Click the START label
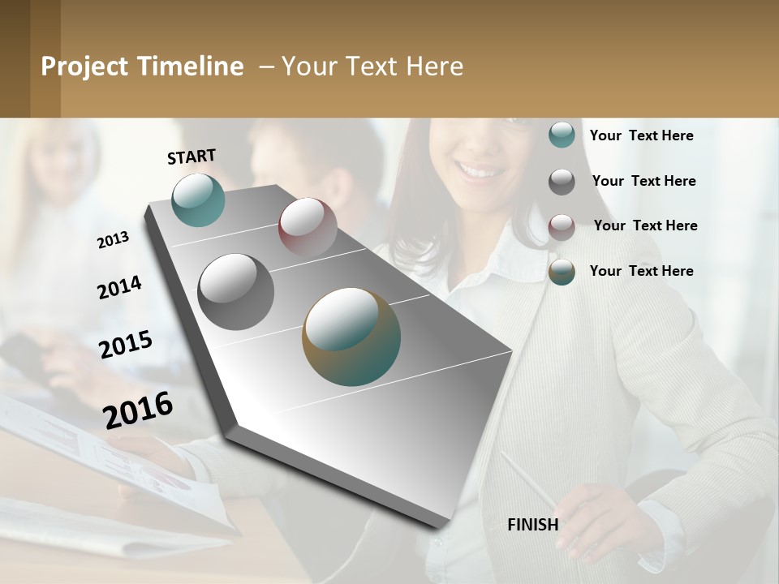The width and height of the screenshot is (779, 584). coord(192,157)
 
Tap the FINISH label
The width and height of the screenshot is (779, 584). coord(532,525)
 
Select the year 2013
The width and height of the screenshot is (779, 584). coord(114,240)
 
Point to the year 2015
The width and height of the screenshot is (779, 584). coord(126,345)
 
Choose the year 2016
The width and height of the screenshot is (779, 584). coord(138,410)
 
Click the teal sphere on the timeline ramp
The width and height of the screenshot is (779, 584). coord(199,200)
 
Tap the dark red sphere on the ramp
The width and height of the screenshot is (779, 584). coord(308,227)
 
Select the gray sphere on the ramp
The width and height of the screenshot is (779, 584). coord(236,292)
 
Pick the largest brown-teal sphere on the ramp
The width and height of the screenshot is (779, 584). coord(351,337)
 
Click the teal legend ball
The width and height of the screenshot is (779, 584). coord(562,135)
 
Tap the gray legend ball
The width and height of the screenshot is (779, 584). coord(562,182)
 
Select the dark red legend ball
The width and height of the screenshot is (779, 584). coord(562,227)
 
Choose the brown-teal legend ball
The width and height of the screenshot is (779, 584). coord(562,272)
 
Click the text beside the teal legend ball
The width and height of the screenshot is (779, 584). coord(641,136)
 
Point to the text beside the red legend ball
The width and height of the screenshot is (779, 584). coord(645,225)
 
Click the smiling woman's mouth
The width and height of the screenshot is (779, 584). coord(479,171)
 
